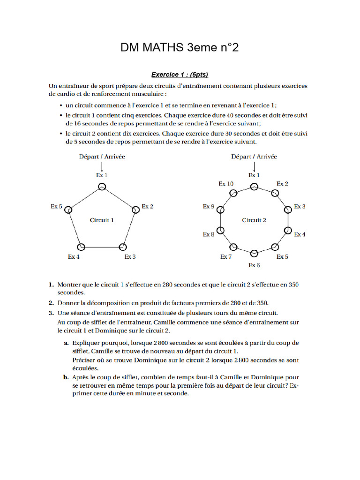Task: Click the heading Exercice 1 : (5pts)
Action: (x=180, y=75)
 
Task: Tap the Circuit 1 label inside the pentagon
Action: (x=102, y=220)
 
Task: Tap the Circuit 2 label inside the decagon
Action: (x=254, y=220)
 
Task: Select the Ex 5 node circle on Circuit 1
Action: (x=68, y=210)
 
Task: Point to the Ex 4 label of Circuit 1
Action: (x=74, y=257)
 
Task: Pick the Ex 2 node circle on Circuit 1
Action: (x=136, y=210)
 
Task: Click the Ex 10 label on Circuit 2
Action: (x=226, y=184)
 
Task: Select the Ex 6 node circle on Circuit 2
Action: (x=254, y=254)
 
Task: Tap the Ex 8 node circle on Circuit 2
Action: (x=221, y=231)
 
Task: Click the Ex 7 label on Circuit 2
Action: (x=226, y=257)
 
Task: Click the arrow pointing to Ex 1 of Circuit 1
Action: (x=102, y=166)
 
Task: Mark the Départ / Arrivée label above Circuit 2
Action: (x=254, y=157)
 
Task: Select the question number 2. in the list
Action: (x=51, y=303)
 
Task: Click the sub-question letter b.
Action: (x=66, y=377)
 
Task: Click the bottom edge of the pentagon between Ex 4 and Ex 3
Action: (x=102, y=247)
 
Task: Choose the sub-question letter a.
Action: (x=66, y=343)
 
